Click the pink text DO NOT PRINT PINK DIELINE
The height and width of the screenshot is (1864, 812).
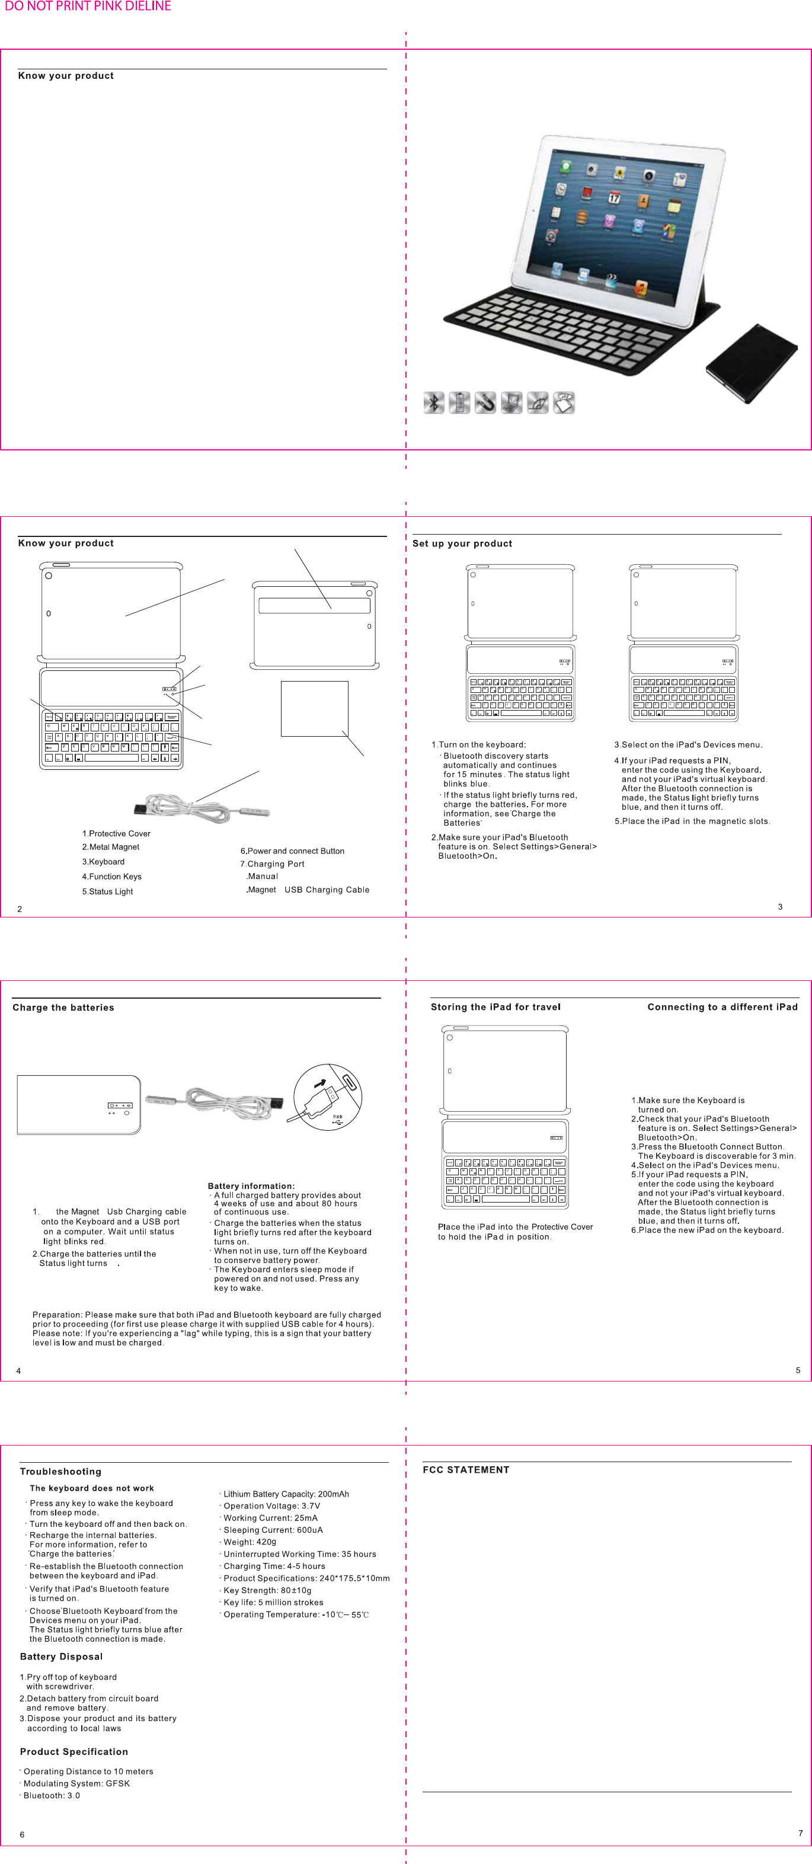pyautogui.click(x=88, y=7)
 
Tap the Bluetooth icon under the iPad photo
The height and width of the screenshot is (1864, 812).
pyautogui.click(x=433, y=402)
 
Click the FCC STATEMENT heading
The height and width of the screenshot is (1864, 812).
pyautogui.click(x=466, y=1470)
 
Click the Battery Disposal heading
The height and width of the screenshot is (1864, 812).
pyautogui.click(x=62, y=1657)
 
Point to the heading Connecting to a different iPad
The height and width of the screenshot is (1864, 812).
pyautogui.click(x=723, y=1006)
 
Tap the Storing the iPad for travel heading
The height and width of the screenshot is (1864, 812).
pyautogui.click(x=495, y=1006)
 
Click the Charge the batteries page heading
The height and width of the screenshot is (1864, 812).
pyautogui.click(x=63, y=1007)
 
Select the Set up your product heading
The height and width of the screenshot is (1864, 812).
pyautogui.click(x=462, y=543)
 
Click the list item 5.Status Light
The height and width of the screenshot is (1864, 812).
pyautogui.click(x=108, y=891)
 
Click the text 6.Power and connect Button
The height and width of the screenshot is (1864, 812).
pyautogui.click(x=292, y=851)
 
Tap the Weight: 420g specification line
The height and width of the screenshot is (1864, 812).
pyautogui.click(x=250, y=1542)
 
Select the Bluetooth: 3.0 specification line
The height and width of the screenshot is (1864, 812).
pyautogui.click(x=52, y=1795)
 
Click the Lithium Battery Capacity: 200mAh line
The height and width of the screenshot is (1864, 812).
pyautogui.click(x=286, y=1494)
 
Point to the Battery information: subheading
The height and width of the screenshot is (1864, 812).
pyautogui.click(x=251, y=1186)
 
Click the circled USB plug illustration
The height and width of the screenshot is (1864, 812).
pyautogui.click(x=327, y=1097)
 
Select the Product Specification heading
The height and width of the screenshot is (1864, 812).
pyautogui.click(x=74, y=1751)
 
